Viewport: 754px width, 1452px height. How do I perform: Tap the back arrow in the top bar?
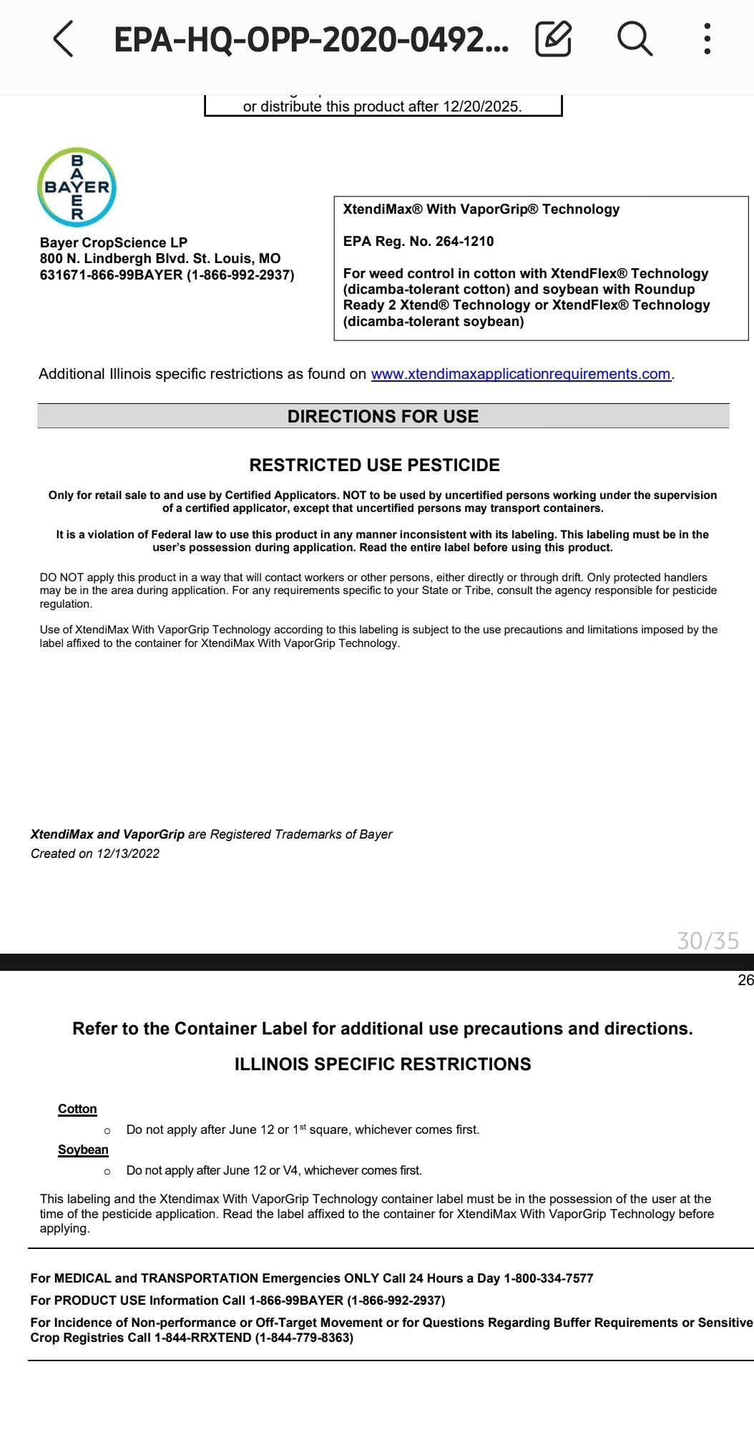[x=63, y=39]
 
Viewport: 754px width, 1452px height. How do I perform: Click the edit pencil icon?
[x=553, y=39]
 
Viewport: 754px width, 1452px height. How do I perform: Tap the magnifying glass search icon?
[x=635, y=39]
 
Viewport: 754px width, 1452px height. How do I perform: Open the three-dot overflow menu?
[x=707, y=39]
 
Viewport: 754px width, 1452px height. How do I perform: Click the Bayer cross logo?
[x=77, y=187]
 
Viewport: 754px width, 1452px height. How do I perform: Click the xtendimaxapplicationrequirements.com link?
[x=520, y=374]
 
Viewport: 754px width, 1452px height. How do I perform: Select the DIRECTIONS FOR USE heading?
[x=383, y=416]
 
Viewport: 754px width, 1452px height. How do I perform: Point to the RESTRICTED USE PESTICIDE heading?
[x=374, y=465]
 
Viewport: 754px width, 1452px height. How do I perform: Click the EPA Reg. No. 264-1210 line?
[x=418, y=241]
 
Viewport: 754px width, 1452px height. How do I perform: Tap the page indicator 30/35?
[x=708, y=940]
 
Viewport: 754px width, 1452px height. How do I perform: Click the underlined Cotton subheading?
[x=77, y=1109]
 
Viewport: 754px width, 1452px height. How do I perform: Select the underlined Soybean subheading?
[x=83, y=1150]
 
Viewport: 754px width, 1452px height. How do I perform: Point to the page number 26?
[x=745, y=980]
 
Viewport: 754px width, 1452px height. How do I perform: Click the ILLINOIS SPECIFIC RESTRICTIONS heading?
[x=383, y=1064]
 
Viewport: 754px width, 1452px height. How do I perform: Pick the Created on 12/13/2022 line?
[x=95, y=854]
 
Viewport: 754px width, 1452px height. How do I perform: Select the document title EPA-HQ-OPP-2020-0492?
[x=311, y=39]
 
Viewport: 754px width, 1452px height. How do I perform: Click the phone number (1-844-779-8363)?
[x=304, y=1338]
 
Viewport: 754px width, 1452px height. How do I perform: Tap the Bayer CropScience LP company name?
[x=114, y=242]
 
